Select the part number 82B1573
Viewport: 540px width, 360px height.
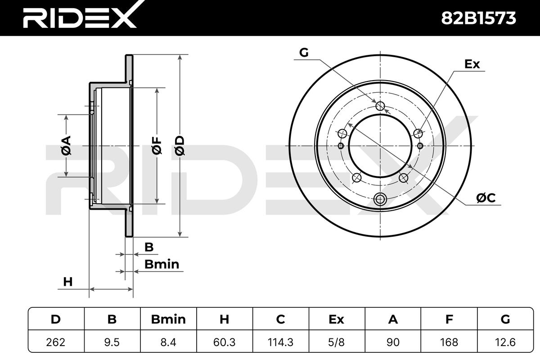tap(478, 18)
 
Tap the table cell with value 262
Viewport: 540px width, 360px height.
tap(56, 342)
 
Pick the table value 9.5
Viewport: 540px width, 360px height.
tap(112, 342)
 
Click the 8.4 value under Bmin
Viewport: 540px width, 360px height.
tap(168, 342)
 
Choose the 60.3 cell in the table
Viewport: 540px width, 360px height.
tap(225, 342)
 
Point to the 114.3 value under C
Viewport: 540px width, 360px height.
tap(281, 342)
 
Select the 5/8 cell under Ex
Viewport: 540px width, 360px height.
tap(337, 342)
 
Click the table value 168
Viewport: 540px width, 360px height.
tap(449, 342)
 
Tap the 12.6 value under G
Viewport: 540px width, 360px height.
tap(505, 342)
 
